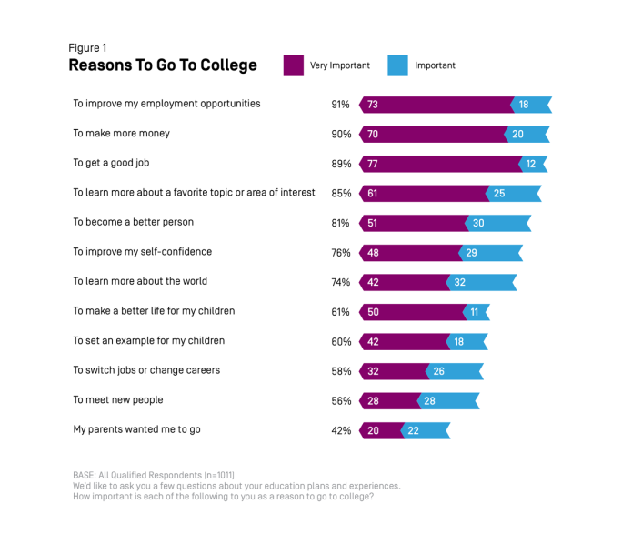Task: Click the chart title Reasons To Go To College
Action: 163,65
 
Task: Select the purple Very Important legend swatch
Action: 293,65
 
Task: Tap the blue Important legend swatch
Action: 397,65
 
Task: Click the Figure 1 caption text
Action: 87,47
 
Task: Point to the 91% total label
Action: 340,105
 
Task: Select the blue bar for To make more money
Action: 527,135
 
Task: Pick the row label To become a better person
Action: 133,222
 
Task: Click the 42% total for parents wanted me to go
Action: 340,430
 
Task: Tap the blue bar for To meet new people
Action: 448,401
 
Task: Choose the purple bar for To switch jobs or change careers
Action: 393,371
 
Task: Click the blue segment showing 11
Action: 477,312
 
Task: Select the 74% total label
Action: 340,282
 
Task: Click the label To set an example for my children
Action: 148,341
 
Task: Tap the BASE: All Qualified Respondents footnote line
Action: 154,475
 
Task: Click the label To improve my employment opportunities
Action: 166,104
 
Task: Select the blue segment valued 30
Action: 498,223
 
